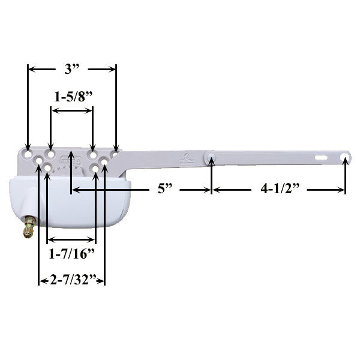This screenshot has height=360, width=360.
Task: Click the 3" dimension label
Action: click(73, 68)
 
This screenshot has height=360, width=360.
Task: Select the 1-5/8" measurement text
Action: click(72, 96)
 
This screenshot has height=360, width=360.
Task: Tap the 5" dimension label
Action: click(165, 190)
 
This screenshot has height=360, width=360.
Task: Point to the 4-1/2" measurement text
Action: click(280, 190)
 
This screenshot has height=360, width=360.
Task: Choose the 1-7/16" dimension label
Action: click(71, 253)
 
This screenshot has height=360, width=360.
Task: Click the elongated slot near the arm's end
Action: click(322, 158)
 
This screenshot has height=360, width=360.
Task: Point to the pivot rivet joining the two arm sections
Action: click(211, 158)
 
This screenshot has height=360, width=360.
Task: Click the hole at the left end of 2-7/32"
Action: click(40, 162)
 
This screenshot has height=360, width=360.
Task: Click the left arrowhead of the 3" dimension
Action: click(32, 69)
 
